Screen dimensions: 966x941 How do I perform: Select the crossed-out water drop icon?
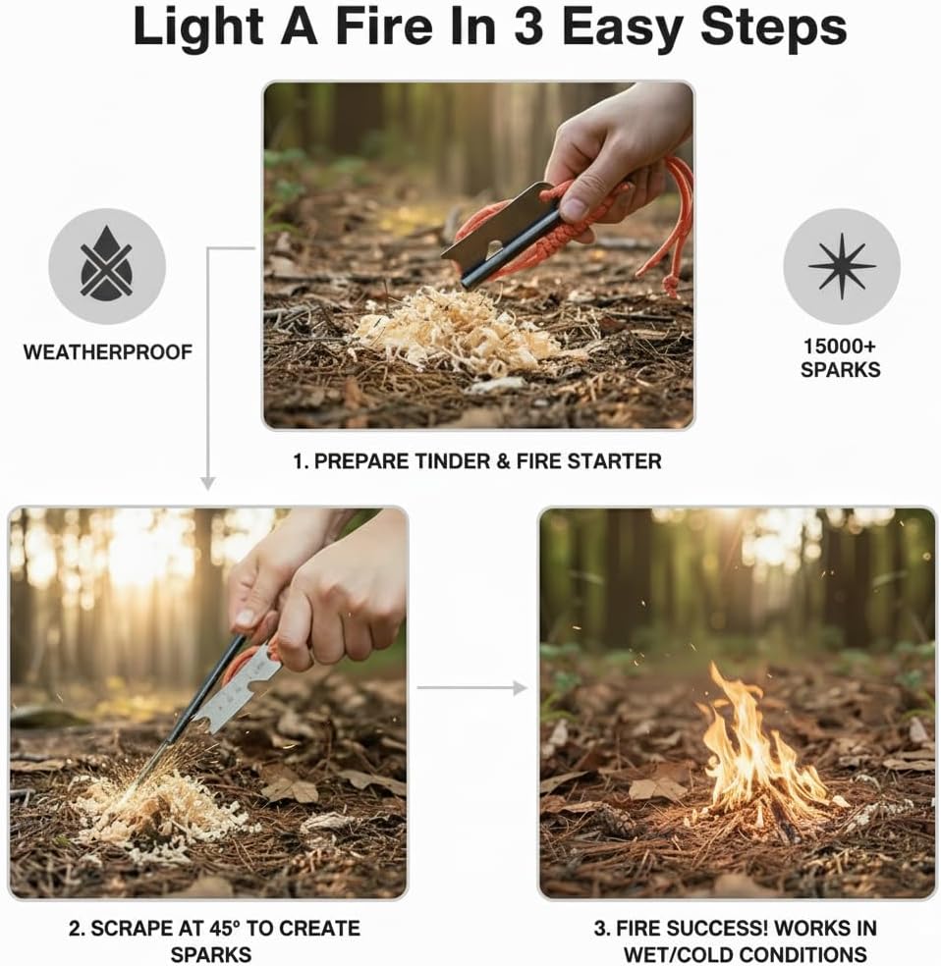pyautogui.click(x=106, y=266)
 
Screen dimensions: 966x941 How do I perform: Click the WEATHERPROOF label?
pyautogui.click(x=106, y=350)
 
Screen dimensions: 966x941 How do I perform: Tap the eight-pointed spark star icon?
pyautogui.click(x=842, y=266)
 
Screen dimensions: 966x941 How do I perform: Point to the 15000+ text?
pyautogui.click(x=841, y=348)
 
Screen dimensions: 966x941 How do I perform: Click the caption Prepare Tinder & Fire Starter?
pyautogui.click(x=477, y=460)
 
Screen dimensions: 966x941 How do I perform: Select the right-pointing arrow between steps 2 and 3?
pyautogui.click(x=472, y=688)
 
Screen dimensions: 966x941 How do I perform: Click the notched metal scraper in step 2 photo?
pyautogui.click(x=236, y=698)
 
